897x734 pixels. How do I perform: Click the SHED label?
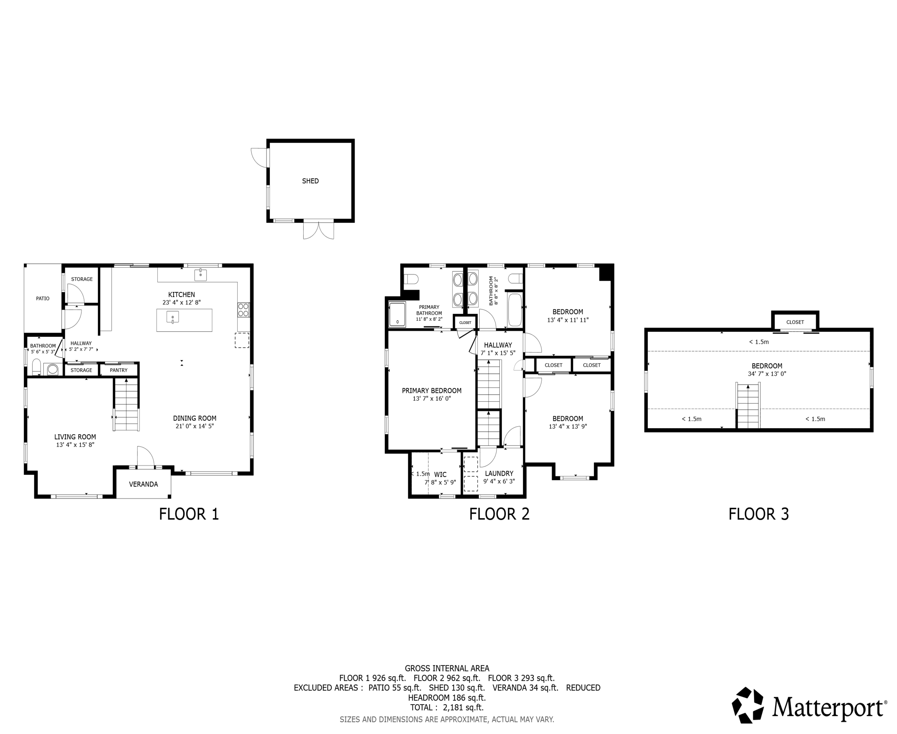310,181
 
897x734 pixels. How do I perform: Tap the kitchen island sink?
173,317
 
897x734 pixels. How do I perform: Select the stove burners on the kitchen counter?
243,310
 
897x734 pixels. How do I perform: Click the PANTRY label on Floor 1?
118,370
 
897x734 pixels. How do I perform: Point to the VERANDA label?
144,484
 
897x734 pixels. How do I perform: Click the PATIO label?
43,298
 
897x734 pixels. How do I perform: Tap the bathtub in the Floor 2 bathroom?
515,310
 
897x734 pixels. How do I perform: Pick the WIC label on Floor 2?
440,475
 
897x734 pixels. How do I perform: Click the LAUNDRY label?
499,474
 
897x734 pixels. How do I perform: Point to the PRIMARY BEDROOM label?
431,391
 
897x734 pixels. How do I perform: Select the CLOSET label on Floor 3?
795,322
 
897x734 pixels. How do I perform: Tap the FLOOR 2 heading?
499,514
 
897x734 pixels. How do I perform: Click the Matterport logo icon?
748,705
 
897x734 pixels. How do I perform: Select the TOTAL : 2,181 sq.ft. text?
447,707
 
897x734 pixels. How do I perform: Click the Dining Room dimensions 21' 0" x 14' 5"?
195,426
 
